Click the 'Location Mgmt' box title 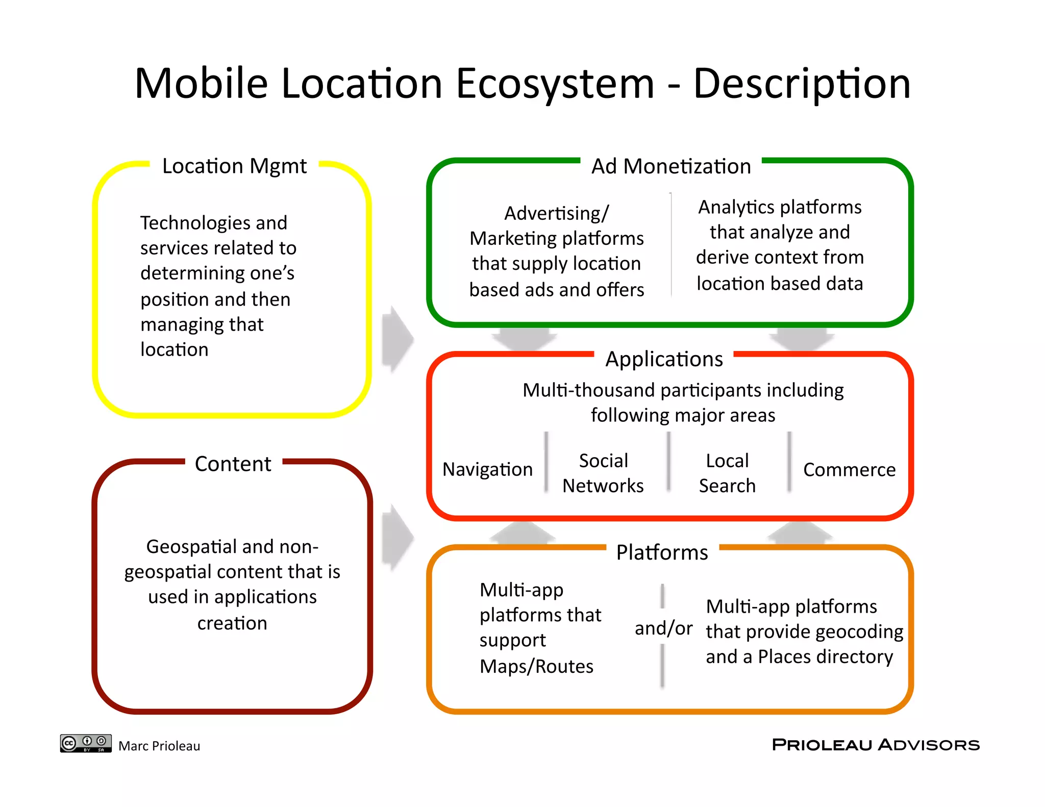tap(234, 166)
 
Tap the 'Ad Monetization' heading tap(670, 166)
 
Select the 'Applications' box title tap(664, 359)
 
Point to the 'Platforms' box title tap(662, 552)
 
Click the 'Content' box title tap(233, 464)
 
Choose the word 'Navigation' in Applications tap(487, 469)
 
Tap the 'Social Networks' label tap(603, 473)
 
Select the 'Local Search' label tap(727, 473)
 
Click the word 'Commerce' tap(849, 469)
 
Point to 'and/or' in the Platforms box tap(663, 628)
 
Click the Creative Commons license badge tap(86, 743)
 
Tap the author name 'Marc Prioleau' tap(159, 746)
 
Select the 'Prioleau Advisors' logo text tap(876, 745)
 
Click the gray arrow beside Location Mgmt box tap(397, 339)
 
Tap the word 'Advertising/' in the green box tap(556, 213)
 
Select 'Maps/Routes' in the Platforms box tap(536, 666)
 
